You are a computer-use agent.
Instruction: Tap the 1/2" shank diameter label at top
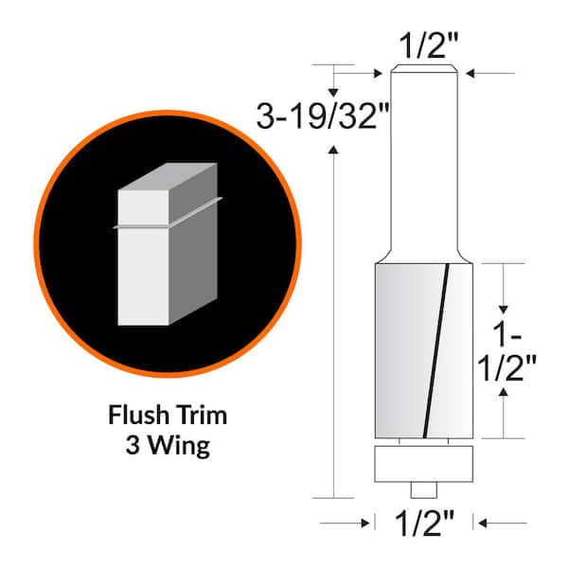(425, 44)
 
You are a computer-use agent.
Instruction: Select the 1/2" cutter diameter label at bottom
(423, 522)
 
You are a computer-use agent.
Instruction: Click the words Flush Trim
(168, 416)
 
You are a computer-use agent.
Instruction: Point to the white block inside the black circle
(142, 256)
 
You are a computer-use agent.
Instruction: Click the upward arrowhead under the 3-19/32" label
(333, 147)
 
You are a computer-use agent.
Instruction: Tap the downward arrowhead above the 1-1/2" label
(504, 311)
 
